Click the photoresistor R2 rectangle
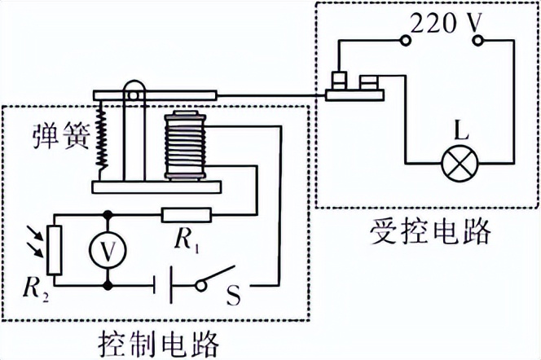tap(54, 251)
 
